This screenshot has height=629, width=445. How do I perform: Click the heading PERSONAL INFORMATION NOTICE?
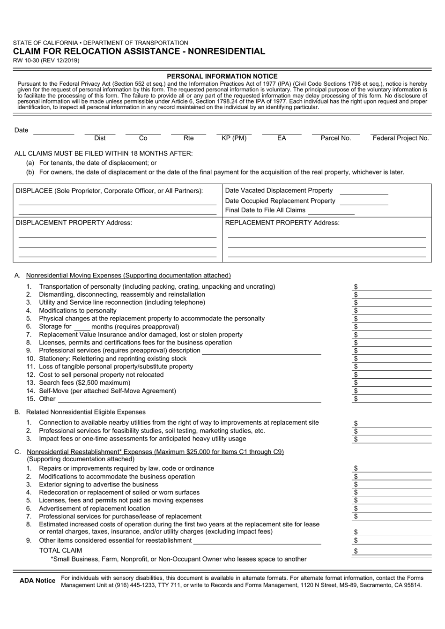(222, 76)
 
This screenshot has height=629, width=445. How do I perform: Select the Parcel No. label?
(335, 138)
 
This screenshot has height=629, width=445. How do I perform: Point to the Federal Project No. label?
(400, 138)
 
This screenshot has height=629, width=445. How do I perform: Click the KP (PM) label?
(234, 138)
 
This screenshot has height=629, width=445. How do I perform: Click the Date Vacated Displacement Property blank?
(363, 191)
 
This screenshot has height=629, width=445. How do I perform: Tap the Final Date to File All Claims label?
(265, 210)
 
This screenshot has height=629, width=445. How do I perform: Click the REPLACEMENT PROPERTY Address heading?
(282, 223)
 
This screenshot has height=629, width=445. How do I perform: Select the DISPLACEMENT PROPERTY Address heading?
(74, 223)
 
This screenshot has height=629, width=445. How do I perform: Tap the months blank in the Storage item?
(82, 327)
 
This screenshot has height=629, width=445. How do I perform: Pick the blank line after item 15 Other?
(189, 399)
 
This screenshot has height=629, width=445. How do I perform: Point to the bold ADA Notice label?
(37, 581)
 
